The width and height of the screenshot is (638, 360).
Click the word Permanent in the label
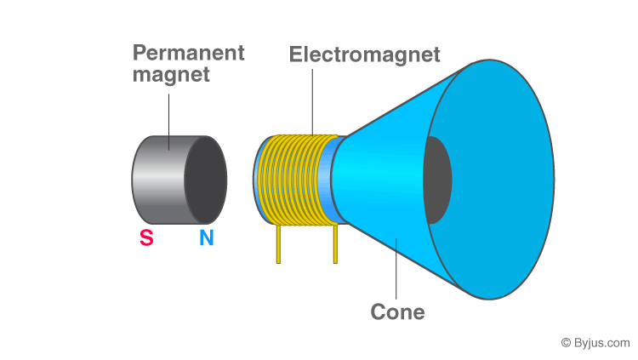[x=188, y=52]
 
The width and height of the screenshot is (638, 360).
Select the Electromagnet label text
[x=364, y=54]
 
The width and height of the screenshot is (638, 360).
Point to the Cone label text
[x=397, y=311]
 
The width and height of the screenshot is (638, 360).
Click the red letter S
[x=146, y=238]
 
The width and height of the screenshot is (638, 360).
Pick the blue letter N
[x=207, y=238]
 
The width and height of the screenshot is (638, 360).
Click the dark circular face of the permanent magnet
[x=206, y=180]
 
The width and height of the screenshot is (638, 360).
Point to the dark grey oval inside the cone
[x=436, y=180]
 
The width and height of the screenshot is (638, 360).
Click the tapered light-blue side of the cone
[x=383, y=179]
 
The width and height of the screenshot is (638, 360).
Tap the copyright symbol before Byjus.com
[x=567, y=342]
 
